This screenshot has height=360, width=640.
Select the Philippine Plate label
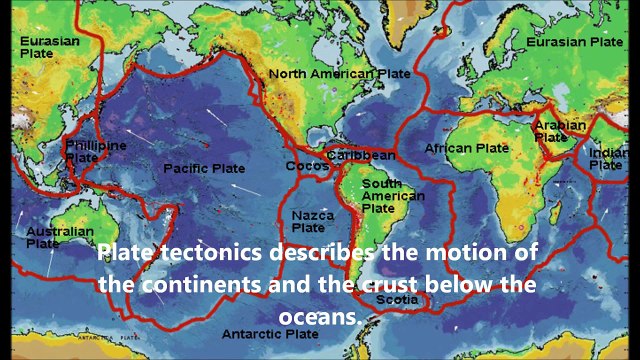point(96,151)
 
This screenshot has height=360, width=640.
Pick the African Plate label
point(466,148)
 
